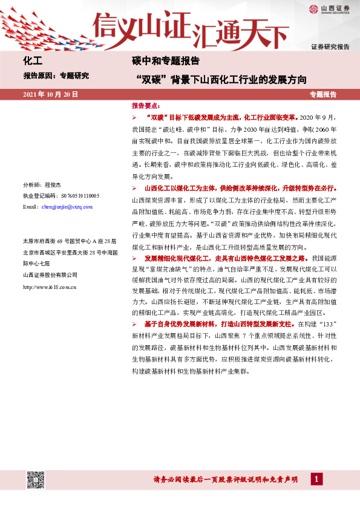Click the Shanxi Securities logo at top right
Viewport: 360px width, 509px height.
[x=330, y=8]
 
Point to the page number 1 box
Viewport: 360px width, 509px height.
[x=316, y=479]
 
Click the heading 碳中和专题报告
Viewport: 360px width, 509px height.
[x=165, y=61]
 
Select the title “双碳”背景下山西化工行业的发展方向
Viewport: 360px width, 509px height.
[x=222, y=79]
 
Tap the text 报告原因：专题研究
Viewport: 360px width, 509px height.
[x=56, y=76]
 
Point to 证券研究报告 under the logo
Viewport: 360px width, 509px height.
[x=330, y=47]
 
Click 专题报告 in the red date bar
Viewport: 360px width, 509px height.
[x=322, y=95]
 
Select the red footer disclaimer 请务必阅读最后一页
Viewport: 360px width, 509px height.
[x=225, y=480]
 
